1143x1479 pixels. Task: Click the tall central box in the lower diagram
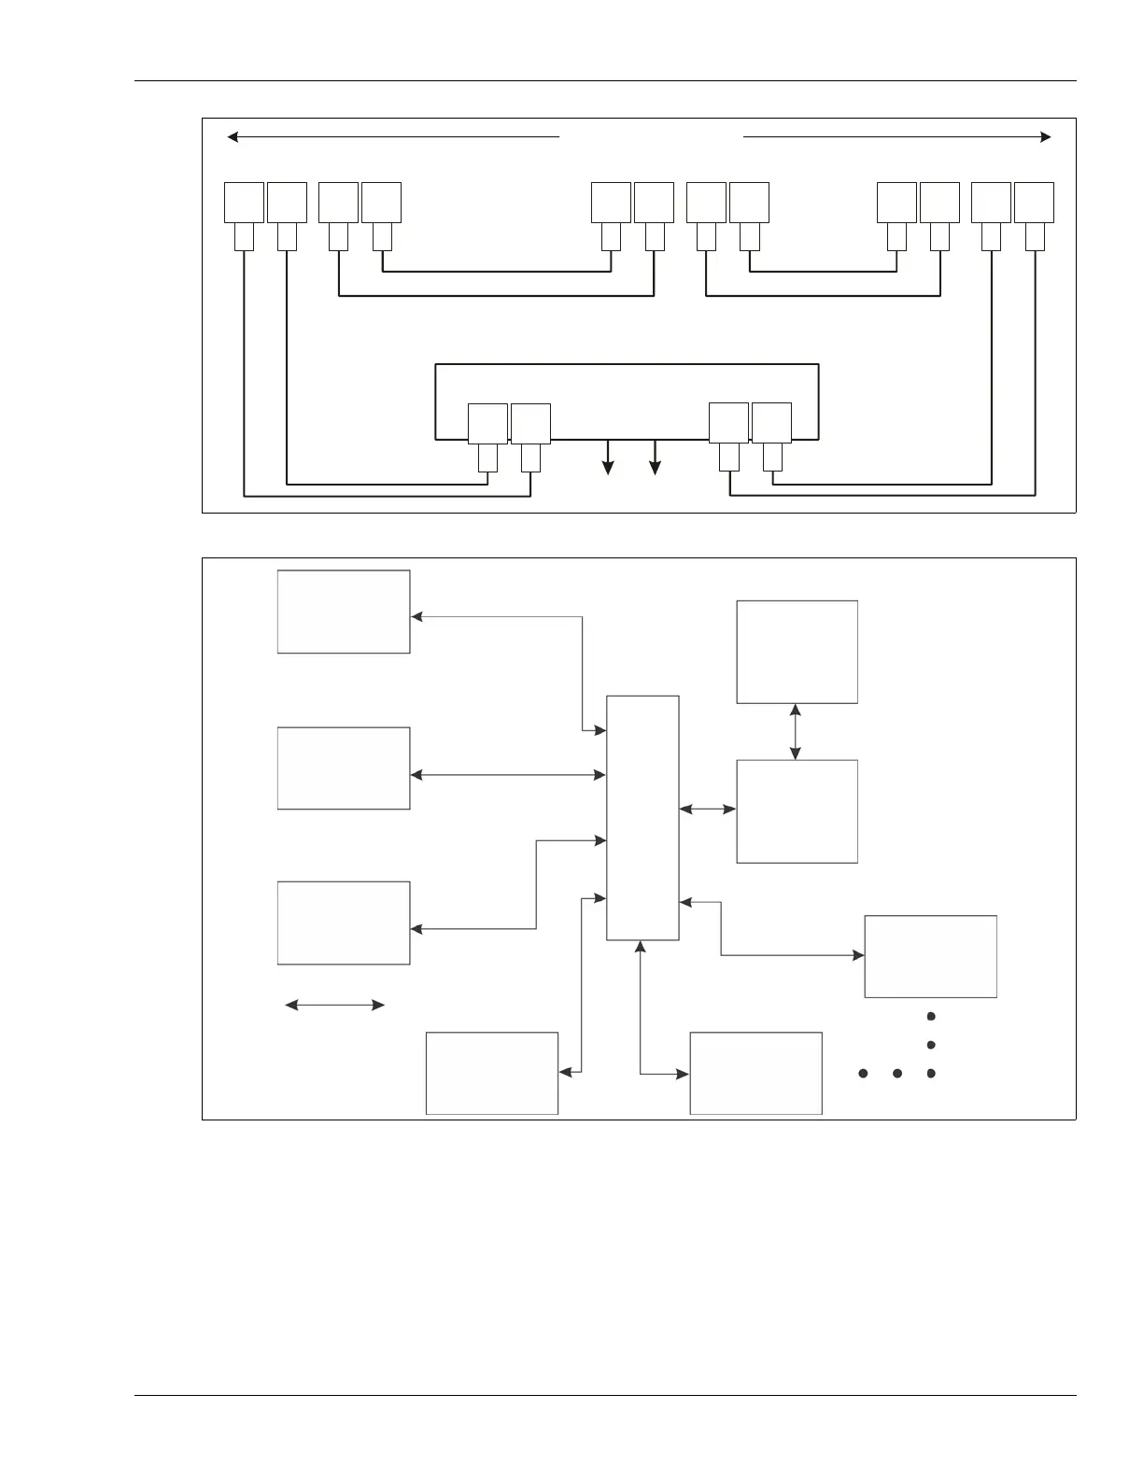642,817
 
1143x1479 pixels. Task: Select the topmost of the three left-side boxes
344,612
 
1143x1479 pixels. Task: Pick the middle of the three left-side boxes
344,768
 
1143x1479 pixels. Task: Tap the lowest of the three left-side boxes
344,923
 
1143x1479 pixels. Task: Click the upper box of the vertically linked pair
797,652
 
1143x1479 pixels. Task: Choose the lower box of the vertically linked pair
797,811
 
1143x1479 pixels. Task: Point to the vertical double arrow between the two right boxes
796,732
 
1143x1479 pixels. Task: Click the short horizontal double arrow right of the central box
708,810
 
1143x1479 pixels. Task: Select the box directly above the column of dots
930,956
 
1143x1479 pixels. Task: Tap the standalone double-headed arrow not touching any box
334,1005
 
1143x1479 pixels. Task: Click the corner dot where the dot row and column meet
931,1074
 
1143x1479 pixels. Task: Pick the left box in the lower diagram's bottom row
492,1073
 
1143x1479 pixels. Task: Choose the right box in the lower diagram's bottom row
755,1073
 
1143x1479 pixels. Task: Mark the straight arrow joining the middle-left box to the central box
508,775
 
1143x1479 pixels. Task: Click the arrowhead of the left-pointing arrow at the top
233,137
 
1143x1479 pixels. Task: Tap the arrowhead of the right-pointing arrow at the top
1046,137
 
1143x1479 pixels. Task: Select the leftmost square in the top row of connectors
244,203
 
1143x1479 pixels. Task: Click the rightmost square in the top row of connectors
1034,203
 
